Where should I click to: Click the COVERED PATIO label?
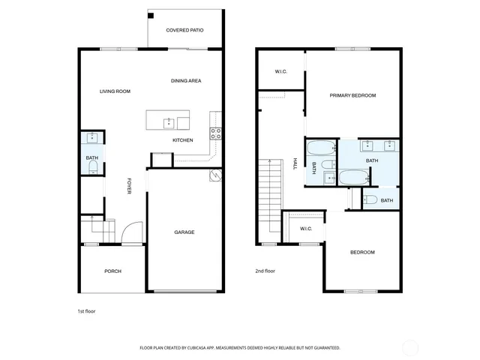coord(184,30)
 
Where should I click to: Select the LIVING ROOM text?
coord(115,91)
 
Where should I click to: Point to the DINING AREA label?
coord(186,81)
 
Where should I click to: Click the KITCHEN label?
coord(183,140)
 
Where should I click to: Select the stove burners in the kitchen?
coord(216,134)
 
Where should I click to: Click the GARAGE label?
coord(184,232)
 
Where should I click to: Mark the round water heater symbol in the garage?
coord(215,176)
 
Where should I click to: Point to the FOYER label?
coord(129,186)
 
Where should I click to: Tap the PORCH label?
coord(112,271)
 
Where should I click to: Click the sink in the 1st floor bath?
coord(92,138)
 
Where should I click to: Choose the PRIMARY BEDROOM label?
coord(352,95)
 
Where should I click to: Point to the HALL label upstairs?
coord(295,164)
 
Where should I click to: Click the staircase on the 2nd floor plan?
coord(268,199)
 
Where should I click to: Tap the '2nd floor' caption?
coord(265,271)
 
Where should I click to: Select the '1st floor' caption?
coord(87,310)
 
